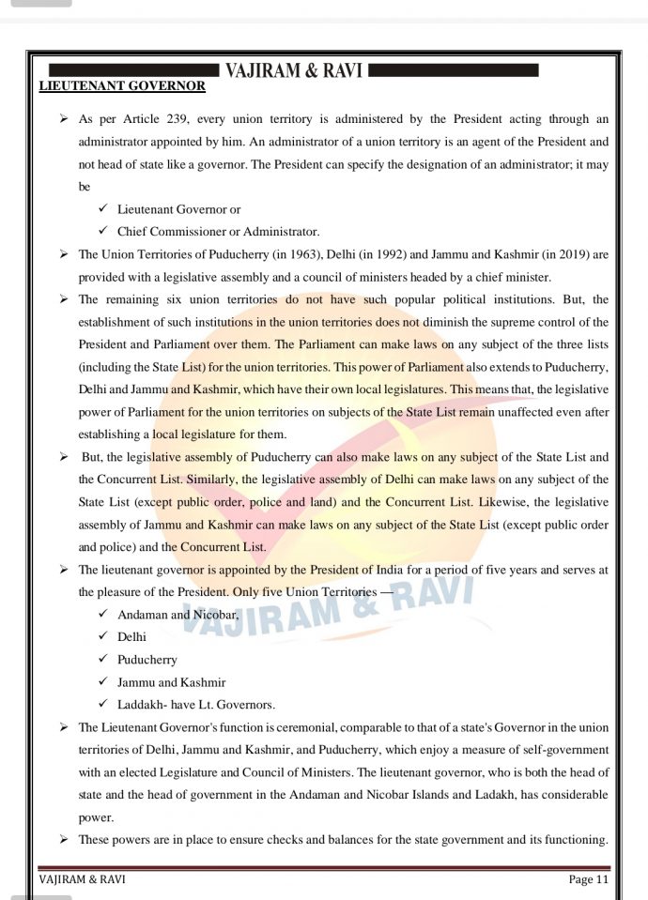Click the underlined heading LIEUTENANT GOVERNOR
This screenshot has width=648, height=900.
[122, 86]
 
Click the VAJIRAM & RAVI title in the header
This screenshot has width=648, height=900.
[294, 70]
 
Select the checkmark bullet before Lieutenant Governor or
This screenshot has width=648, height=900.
[103, 208]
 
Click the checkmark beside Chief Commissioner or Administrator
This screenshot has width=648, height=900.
[103, 231]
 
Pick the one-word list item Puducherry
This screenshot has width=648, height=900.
[147, 660]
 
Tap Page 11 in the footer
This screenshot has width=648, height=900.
[589, 879]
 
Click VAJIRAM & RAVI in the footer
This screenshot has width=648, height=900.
[82, 879]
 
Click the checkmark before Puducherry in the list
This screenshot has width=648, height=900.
[103, 660]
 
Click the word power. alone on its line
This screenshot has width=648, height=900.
[96, 817]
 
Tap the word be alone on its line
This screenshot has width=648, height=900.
[85, 187]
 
